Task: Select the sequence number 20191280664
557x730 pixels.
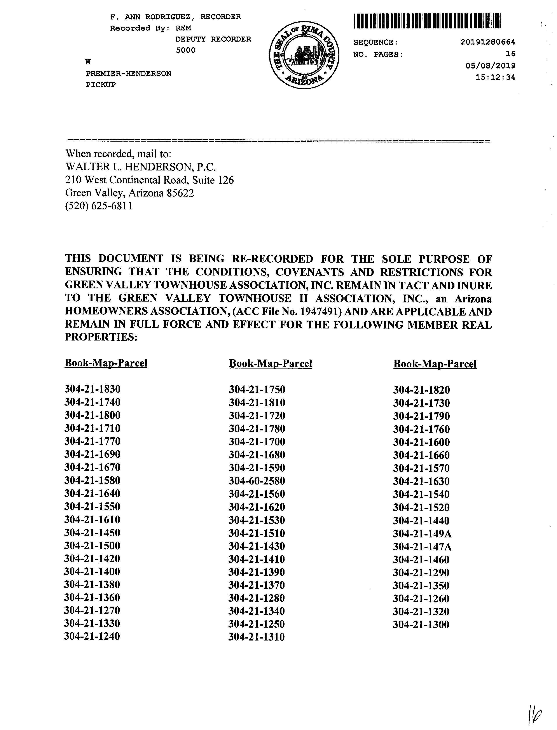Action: coord(488,42)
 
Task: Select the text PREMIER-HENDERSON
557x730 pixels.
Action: coord(128,73)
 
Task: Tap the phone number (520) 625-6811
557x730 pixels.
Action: coord(99,206)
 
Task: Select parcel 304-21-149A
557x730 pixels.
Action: coord(422,534)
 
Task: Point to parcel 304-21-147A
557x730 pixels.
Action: coord(422,547)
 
